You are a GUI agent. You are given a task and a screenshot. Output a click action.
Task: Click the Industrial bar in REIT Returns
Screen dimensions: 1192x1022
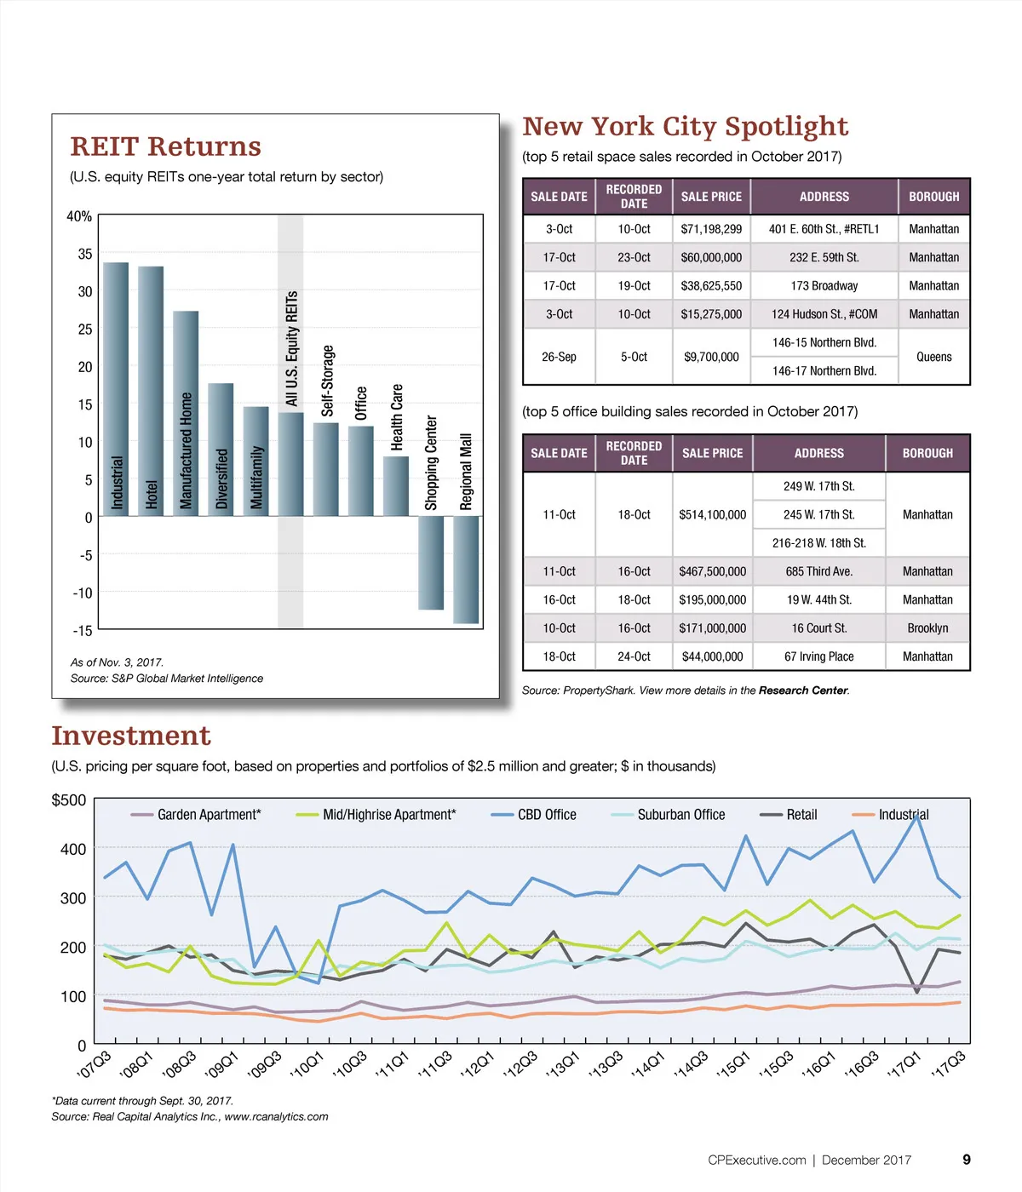pos(116,388)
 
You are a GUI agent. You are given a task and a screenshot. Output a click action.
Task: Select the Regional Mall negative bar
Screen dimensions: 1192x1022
pos(466,569)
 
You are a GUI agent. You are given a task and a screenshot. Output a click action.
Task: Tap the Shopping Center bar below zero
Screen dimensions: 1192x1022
pos(431,562)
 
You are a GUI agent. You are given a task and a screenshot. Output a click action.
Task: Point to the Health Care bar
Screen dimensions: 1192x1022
pos(396,485)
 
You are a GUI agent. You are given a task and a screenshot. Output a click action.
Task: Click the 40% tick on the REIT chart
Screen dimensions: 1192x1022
pos(79,216)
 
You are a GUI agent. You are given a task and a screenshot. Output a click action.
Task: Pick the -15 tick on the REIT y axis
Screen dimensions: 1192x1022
pos(82,631)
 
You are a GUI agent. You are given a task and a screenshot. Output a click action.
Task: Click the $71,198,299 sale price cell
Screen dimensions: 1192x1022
pos(711,229)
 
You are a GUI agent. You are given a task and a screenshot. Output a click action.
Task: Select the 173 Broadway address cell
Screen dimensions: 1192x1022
pos(824,286)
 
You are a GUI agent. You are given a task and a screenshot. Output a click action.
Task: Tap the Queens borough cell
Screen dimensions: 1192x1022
pos(933,357)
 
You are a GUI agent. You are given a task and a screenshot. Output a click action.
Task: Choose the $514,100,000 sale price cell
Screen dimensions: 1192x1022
pos(712,514)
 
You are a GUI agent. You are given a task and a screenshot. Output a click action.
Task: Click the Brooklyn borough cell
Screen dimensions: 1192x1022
pos(927,628)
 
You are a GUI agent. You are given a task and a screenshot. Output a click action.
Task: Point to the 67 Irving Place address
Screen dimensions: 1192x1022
pos(818,656)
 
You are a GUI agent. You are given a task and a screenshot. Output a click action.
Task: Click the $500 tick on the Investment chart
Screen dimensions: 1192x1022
pos(69,800)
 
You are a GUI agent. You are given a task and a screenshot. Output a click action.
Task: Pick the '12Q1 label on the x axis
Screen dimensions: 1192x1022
pos(477,1064)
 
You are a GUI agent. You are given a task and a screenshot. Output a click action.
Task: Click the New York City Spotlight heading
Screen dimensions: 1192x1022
pos(685,127)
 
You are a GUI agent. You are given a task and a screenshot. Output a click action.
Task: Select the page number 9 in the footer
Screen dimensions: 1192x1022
pos(967,1160)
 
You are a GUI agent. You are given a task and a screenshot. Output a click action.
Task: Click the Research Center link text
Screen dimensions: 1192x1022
pos(802,691)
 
